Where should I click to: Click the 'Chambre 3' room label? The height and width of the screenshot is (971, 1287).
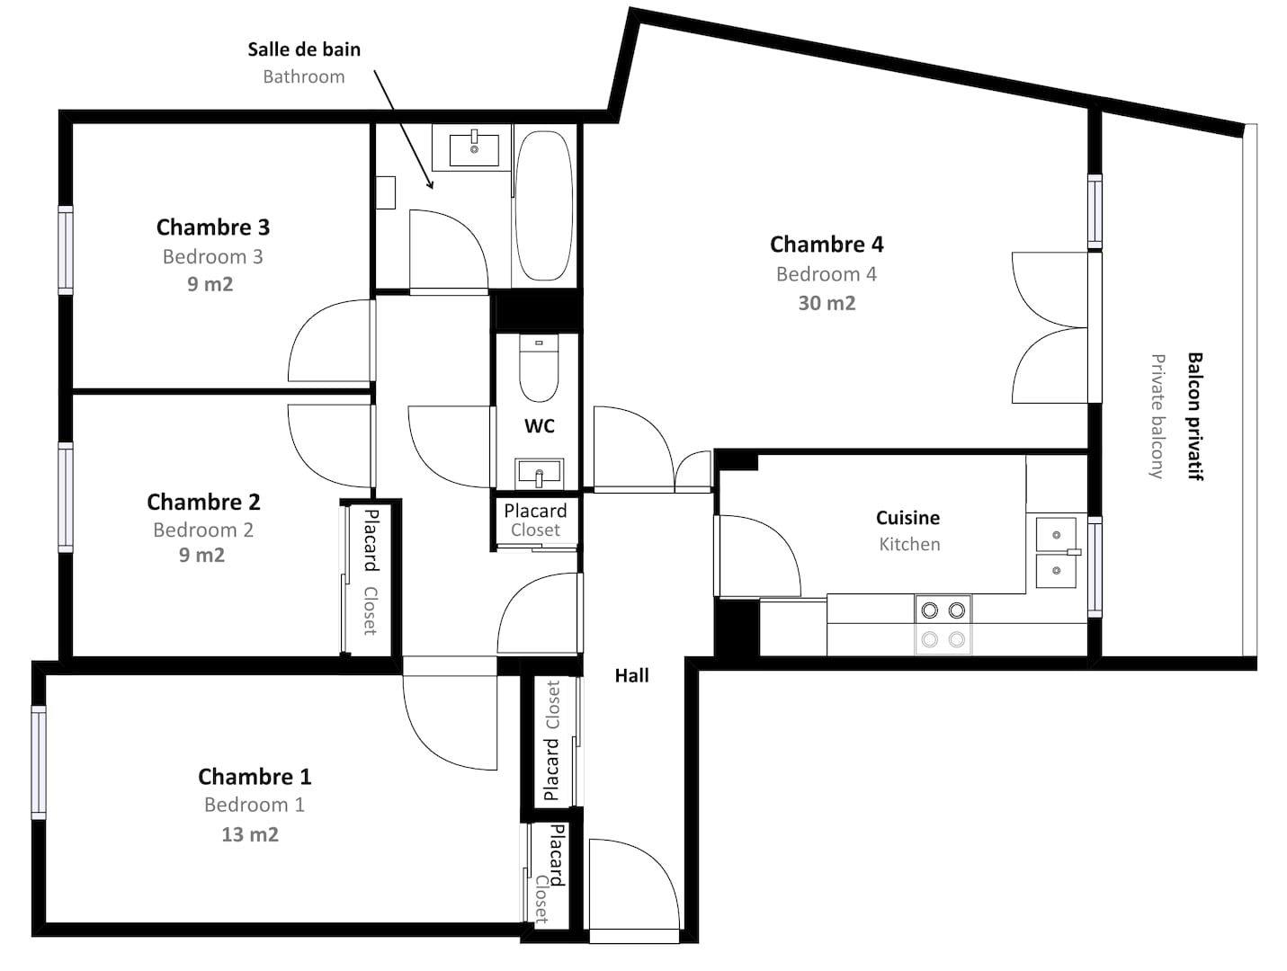click(x=213, y=227)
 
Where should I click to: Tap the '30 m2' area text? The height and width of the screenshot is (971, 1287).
click(x=827, y=303)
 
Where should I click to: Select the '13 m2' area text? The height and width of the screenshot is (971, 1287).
click(x=250, y=834)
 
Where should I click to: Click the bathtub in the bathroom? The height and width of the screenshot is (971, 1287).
click(x=543, y=205)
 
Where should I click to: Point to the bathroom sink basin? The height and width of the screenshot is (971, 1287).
click(x=474, y=150)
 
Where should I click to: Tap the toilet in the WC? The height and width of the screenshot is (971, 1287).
click(x=539, y=368)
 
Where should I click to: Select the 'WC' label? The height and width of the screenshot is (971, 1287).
click(x=540, y=426)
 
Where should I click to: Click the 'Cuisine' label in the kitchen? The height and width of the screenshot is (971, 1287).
click(x=907, y=518)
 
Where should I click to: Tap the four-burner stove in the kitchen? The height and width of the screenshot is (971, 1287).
click(x=943, y=625)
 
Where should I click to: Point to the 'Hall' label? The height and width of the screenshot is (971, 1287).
click(x=631, y=676)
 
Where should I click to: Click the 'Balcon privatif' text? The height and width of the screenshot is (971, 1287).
click(x=1195, y=416)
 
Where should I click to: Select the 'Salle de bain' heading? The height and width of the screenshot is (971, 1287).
click(x=304, y=49)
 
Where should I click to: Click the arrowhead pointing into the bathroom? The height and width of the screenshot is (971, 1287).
click(x=431, y=185)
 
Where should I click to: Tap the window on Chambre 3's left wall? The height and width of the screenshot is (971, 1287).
click(x=66, y=250)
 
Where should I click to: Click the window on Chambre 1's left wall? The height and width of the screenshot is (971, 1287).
click(x=39, y=762)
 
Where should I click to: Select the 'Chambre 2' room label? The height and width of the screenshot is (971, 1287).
click(x=203, y=503)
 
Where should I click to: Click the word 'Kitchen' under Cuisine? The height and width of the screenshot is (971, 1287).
click(x=909, y=545)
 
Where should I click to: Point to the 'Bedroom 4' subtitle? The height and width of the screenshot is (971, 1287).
click(x=827, y=274)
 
